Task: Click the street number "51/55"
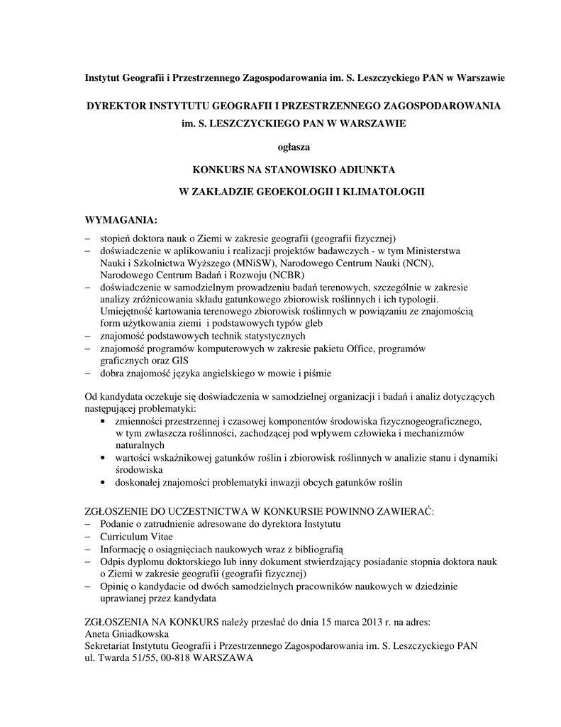pyautogui.click(x=134, y=657)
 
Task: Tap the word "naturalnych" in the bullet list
pyautogui.click(x=140, y=445)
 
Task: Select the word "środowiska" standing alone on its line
pyautogui.click(x=139, y=469)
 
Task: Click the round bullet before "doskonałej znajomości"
pyautogui.click(x=106, y=482)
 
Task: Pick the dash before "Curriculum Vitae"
pyautogui.click(x=88, y=536)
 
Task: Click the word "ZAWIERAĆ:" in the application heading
pyautogui.click(x=407, y=511)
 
